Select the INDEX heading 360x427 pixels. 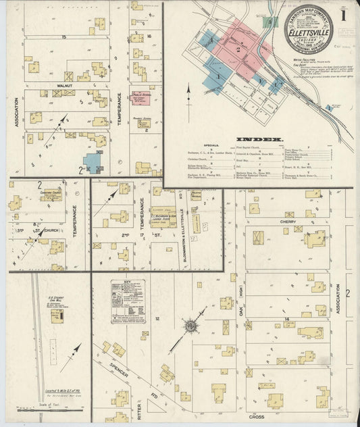point(260,139)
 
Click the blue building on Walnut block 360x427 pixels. point(91,162)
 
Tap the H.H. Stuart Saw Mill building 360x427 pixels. point(55,316)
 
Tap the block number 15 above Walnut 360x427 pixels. point(64,36)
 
